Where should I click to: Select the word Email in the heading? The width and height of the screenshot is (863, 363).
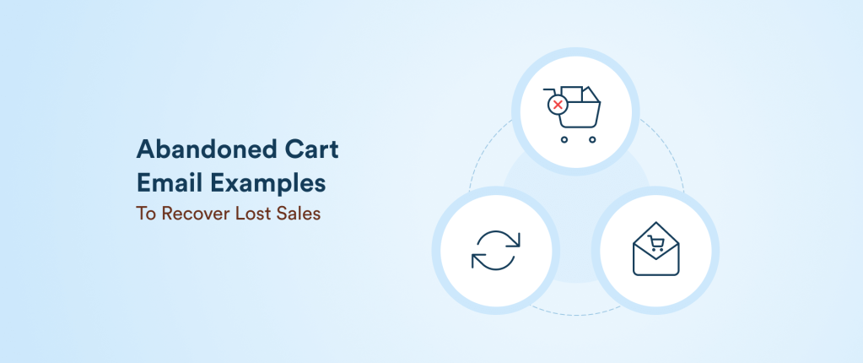point(167,182)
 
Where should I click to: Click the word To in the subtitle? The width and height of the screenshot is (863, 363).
point(145,214)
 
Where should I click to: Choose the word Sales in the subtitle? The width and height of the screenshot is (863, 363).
point(299,214)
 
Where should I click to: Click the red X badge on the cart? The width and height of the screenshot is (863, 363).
point(557,106)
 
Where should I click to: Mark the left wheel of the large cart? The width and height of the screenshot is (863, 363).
point(565,139)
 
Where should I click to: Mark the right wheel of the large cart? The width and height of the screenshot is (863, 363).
point(592,139)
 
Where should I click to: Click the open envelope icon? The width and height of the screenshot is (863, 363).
point(655,251)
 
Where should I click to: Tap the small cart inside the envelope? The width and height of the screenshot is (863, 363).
point(655,243)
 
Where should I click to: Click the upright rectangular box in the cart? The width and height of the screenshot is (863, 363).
point(573,94)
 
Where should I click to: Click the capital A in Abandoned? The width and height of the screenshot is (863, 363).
point(145,150)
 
